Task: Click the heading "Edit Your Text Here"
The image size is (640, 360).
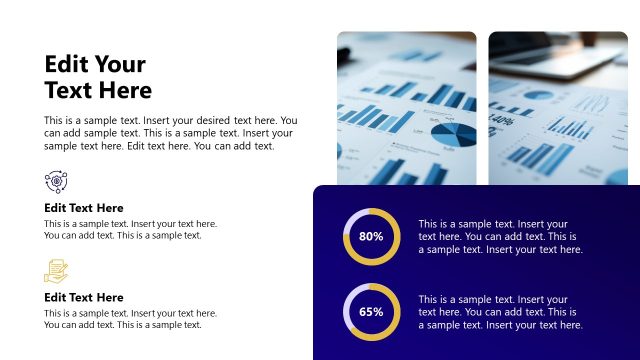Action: coord(98,77)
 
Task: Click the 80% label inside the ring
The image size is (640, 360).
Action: coord(371,237)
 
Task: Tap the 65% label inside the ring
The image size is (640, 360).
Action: coord(371,311)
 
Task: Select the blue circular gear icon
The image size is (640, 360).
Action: coord(56,181)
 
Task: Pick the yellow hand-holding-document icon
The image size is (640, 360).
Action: coord(56,270)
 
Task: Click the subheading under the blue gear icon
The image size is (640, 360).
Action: coord(84,208)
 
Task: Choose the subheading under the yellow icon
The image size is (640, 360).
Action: coord(84,297)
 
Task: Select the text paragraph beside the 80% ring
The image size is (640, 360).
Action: coord(500,237)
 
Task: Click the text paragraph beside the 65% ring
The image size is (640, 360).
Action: coord(500,312)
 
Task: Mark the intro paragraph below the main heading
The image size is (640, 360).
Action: coord(170,133)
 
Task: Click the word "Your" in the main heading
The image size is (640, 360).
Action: coord(120,65)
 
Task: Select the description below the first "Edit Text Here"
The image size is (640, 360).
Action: coord(130,230)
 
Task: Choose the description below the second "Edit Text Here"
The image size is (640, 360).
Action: coord(130,319)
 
